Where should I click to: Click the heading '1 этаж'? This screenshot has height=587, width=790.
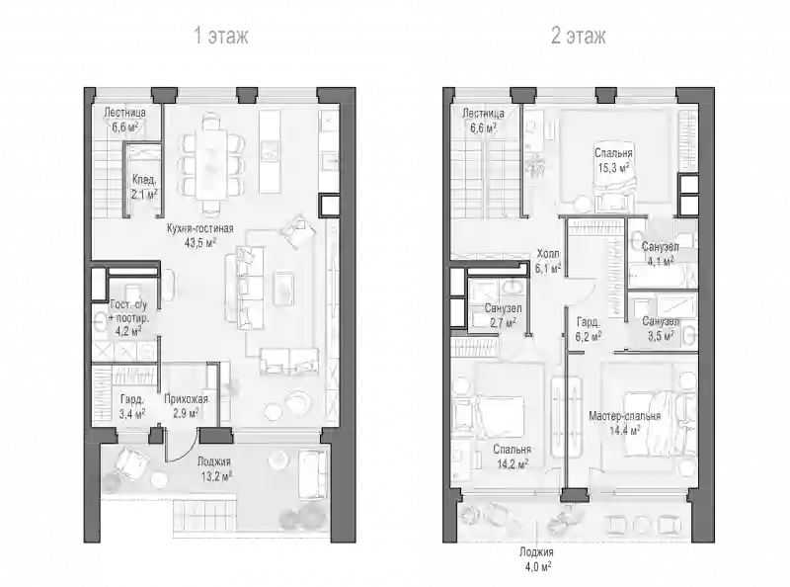pyautogui.click(x=221, y=36)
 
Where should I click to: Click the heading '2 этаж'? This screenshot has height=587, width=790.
pyautogui.click(x=579, y=36)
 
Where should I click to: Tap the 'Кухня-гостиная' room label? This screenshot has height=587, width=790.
pyautogui.click(x=200, y=228)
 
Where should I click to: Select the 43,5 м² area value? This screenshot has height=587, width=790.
pyautogui.click(x=200, y=243)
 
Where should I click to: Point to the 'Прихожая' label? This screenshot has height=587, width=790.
pyautogui.click(x=186, y=399)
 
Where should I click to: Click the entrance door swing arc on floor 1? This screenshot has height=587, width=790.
pyautogui.click(x=188, y=451)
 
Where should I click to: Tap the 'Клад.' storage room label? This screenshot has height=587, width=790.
pyautogui.click(x=144, y=180)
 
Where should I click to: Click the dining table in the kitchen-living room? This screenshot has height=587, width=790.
pyautogui.click(x=211, y=164)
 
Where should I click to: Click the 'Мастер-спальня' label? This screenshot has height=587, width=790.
pyautogui.click(x=625, y=417)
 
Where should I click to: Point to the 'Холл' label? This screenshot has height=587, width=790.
pyautogui.click(x=548, y=254)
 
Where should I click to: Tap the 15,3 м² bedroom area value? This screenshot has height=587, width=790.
pyautogui.click(x=613, y=167)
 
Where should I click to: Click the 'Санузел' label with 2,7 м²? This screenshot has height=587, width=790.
pyautogui.click(x=504, y=308)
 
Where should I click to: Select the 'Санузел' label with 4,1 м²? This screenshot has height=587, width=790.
pyautogui.click(x=660, y=247)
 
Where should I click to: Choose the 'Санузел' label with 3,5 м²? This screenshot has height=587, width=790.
pyautogui.click(x=661, y=321)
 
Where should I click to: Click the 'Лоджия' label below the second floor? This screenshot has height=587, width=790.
pyautogui.click(x=536, y=552)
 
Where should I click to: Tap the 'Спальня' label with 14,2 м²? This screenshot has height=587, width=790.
pyautogui.click(x=512, y=450)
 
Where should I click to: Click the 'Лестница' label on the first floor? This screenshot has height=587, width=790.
pyautogui.click(x=125, y=113)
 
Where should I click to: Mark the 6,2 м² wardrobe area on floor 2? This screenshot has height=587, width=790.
pyautogui.click(x=589, y=336)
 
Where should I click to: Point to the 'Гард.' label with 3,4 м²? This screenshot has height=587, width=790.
pyautogui.click(x=132, y=399)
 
